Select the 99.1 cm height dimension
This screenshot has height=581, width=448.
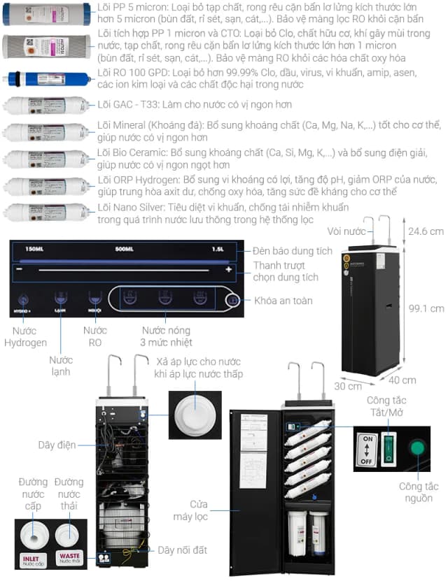click(x=426, y=308)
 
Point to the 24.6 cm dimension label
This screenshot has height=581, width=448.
click(x=426, y=231)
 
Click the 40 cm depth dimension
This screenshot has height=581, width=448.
click(x=402, y=380)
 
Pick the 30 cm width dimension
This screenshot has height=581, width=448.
click(x=348, y=385)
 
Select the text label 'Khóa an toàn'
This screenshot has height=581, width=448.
click(x=283, y=300)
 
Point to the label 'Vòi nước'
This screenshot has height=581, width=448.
click(x=346, y=231)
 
